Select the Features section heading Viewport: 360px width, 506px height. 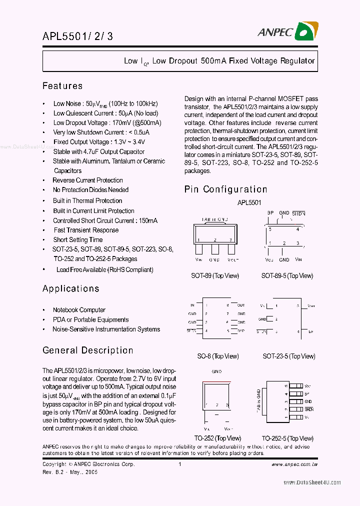tap(62, 86)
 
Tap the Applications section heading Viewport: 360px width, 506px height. tap(71, 288)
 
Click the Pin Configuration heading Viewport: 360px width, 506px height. tap(226, 189)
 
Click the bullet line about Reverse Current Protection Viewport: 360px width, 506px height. tap(87, 180)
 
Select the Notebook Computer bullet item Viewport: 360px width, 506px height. tap(79, 310)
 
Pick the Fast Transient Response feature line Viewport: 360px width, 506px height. tap(86, 230)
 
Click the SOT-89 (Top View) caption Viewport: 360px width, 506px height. tap(215, 275)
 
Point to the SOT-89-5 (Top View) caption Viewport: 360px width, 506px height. tap(287, 275)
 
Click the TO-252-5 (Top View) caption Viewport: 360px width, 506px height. tap(287, 438)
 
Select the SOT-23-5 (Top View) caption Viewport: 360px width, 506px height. tap(289, 356)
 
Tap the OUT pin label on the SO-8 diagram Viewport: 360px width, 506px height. tap(241, 305)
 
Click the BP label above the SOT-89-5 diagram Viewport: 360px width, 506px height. tap(270, 213)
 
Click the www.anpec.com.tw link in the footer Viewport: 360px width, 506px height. tap(294, 464)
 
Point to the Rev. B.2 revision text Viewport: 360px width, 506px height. tap(70, 471)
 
